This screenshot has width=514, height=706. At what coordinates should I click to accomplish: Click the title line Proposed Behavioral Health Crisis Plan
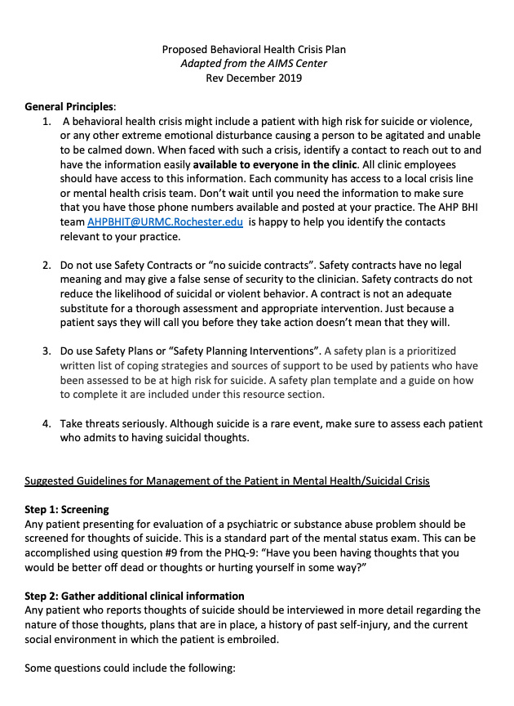(254, 50)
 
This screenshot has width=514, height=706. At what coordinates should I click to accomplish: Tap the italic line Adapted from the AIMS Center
(254, 64)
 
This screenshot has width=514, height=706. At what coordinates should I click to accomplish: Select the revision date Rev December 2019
(254, 78)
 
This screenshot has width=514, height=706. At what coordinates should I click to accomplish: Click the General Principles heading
(70, 107)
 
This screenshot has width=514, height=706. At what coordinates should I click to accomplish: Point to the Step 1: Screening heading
(67, 509)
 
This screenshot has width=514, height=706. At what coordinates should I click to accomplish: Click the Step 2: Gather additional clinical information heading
(135, 596)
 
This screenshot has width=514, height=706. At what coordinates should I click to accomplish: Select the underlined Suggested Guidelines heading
(227, 480)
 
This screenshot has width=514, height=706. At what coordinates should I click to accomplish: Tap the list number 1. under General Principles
(47, 122)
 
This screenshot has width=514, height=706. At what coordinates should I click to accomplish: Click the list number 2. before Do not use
(47, 266)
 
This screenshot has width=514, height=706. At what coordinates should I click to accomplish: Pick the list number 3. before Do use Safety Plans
(47, 351)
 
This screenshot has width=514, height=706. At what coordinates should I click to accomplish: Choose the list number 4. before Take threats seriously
(47, 423)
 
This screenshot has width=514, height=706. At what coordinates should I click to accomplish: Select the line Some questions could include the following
(130, 668)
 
